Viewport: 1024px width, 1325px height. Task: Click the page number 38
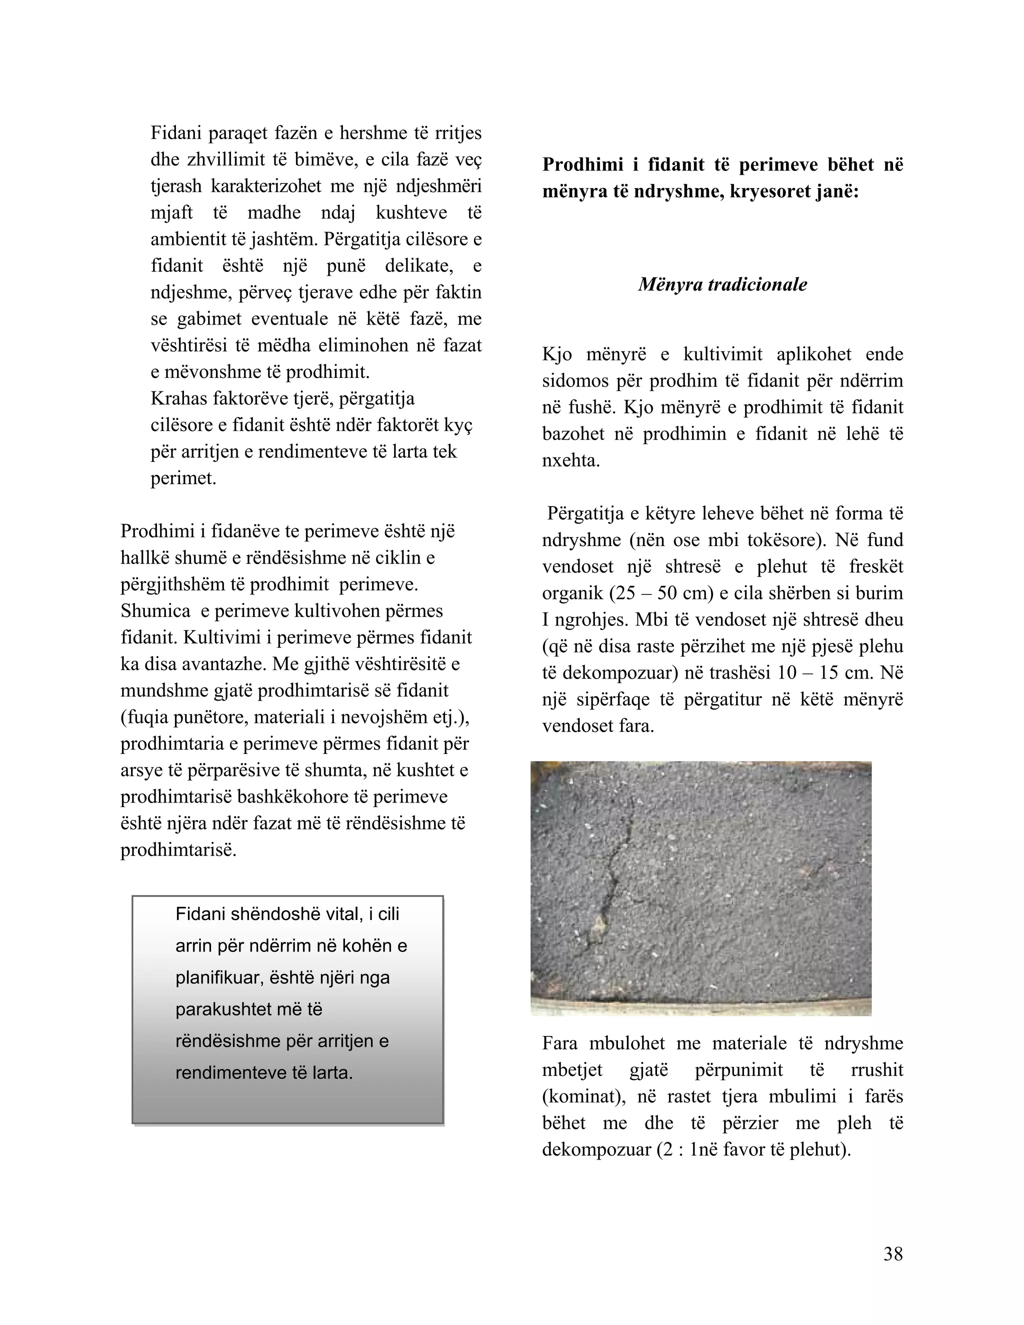(x=893, y=1254)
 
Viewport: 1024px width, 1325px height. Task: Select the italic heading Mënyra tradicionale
(x=722, y=284)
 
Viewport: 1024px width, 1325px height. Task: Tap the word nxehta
(x=571, y=460)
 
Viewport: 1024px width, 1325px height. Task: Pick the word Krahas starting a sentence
(x=179, y=398)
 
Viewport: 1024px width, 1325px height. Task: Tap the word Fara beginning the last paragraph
(x=559, y=1043)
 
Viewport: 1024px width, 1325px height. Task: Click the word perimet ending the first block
(x=183, y=478)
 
